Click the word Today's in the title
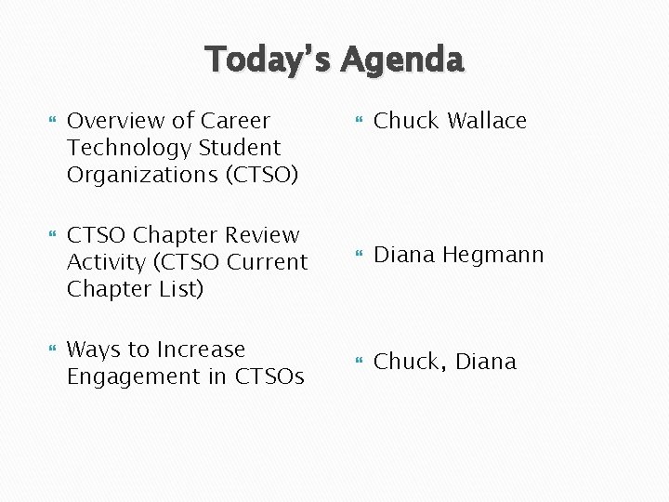269,59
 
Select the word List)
177,289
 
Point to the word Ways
94,350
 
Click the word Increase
202,350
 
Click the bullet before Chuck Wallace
359,122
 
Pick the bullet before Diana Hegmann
359,256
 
